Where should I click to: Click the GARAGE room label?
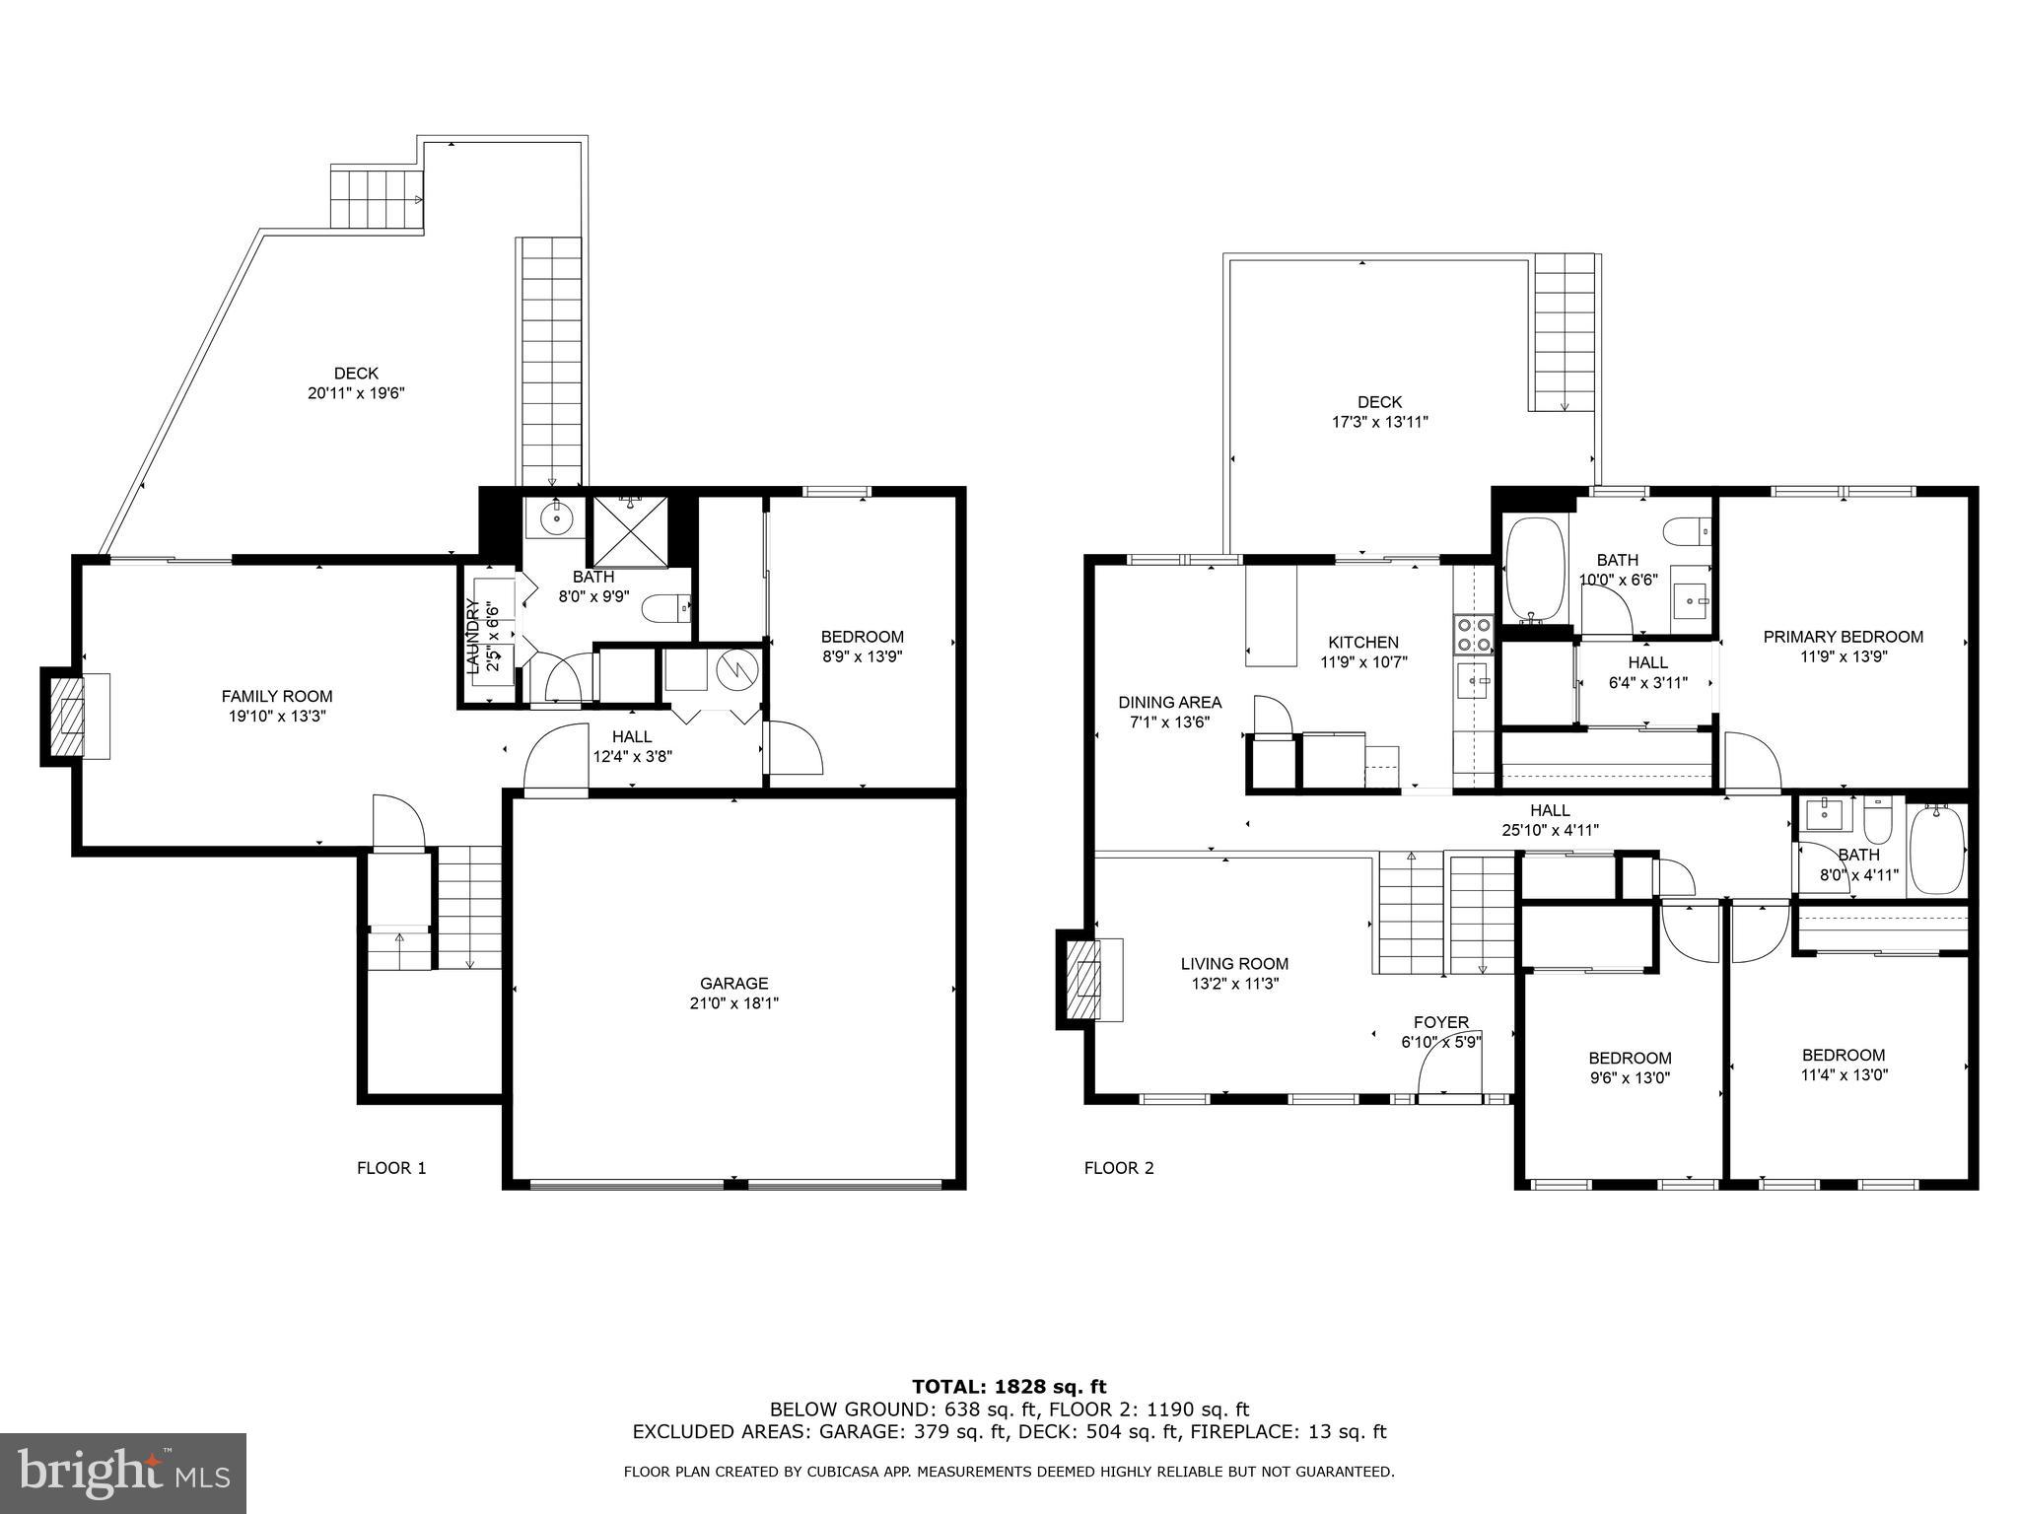click(x=733, y=983)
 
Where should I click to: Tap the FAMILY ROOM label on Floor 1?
click(x=276, y=696)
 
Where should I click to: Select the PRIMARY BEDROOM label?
click(x=1843, y=637)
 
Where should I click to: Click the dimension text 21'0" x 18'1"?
click(x=733, y=1003)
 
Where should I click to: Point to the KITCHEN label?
click(x=1363, y=642)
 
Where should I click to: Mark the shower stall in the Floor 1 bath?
click(x=629, y=531)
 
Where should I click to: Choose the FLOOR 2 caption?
click(x=1118, y=1168)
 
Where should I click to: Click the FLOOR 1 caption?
click(x=391, y=1168)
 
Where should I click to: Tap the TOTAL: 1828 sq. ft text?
click(x=1009, y=1387)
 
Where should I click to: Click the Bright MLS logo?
click(x=122, y=1473)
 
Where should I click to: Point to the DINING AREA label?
click(x=1169, y=703)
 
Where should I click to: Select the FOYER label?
click(x=1440, y=1022)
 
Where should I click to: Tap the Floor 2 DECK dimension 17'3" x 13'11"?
click(x=1379, y=422)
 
